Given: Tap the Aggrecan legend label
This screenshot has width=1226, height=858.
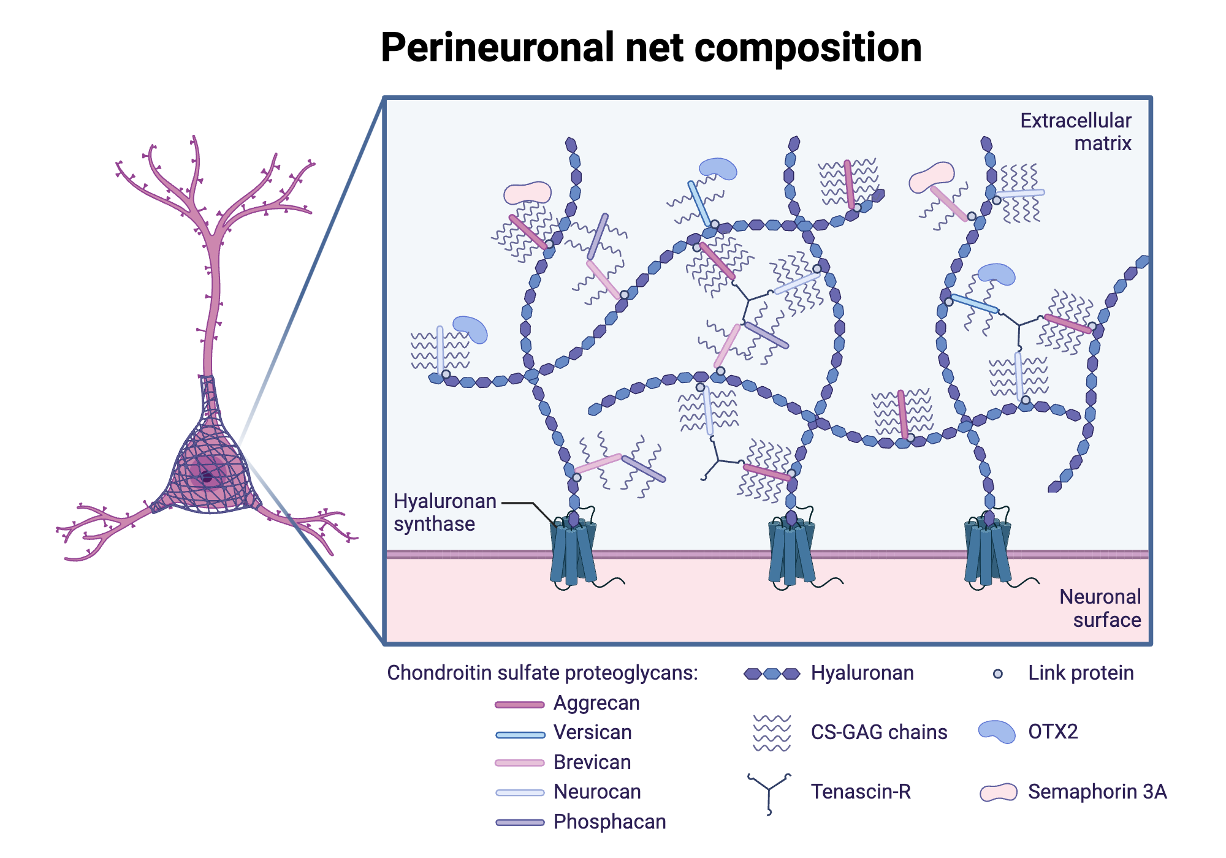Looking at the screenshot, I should [596, 703].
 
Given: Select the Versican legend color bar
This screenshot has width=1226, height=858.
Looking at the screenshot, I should [520, 734].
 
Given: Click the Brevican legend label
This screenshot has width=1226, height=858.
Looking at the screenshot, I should [592, 762].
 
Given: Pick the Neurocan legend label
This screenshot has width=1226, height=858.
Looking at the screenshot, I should [596, 792].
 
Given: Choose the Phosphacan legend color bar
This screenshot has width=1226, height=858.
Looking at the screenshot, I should [520, 822].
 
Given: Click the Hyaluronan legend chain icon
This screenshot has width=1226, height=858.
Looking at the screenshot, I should [772, 674].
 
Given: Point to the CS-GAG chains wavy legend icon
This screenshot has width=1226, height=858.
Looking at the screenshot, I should [772, 733].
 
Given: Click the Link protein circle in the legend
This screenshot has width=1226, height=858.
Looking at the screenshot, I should [997, 674].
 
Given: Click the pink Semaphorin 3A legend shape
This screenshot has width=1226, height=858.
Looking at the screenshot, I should [998, 792].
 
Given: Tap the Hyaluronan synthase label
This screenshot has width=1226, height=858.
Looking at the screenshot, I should [444, 512].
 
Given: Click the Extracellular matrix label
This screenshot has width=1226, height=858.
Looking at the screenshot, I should [1076, 132].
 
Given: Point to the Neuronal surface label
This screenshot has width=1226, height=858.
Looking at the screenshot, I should [1100, 608].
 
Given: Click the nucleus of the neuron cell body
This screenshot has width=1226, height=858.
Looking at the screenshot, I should [207, 477].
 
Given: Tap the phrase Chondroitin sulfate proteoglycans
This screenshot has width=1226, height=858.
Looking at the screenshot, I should [542, 673].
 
